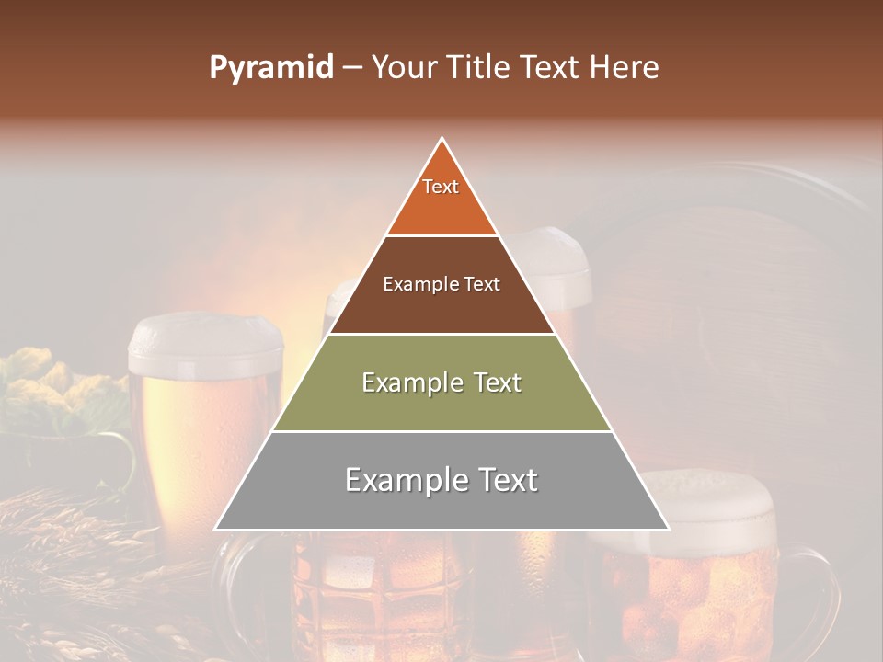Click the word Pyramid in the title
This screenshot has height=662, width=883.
click(x=271, y=68)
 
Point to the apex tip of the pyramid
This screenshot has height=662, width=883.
click(x=442, y=140)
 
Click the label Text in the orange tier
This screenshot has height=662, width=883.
click(x=441, y=187)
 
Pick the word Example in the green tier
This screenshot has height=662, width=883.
click(x=402, y=382)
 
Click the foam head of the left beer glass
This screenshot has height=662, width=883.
click(x=204, y=337)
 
